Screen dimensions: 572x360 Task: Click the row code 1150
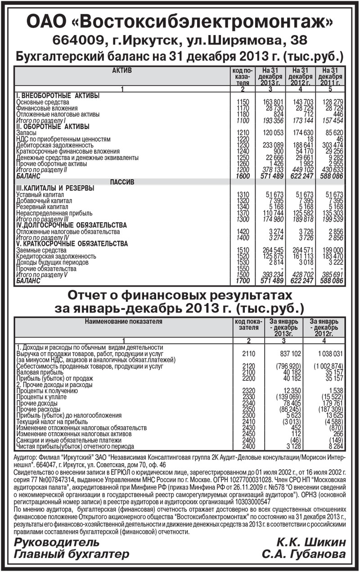[x=243, y=102]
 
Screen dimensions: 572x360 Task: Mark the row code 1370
[x=243, y=212]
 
